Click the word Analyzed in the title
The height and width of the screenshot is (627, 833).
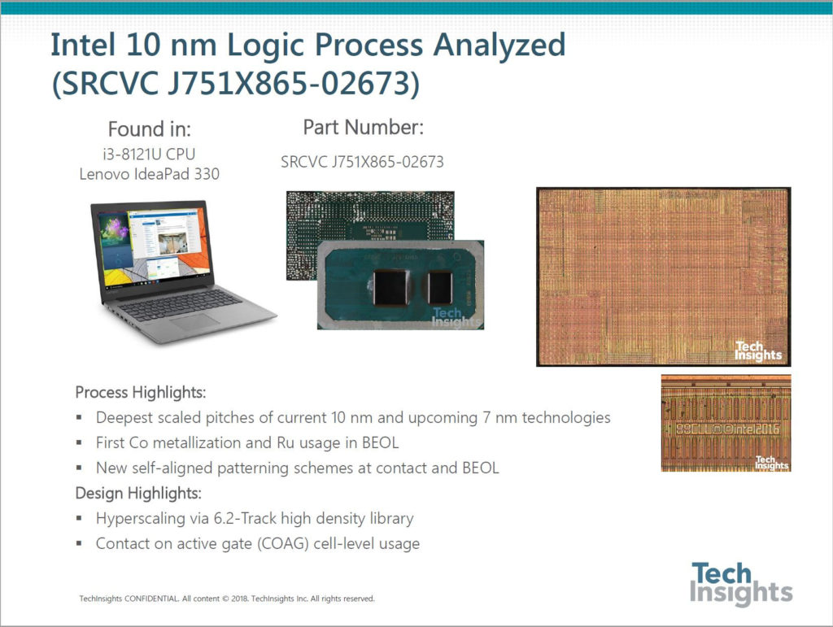click(x=499, y=46)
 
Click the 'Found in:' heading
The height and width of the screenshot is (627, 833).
click(x=150, y=129)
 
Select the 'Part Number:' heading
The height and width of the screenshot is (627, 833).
click(x=364, y=128)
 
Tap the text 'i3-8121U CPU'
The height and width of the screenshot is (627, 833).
click(x=150, y=154)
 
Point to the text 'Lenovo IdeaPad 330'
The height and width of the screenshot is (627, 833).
click(x=150, y=174)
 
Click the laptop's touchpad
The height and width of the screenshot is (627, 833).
click(x=194, y=322)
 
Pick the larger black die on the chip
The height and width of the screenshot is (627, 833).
click(x=391, y=287)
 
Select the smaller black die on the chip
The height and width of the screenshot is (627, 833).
click(x=440, y=287)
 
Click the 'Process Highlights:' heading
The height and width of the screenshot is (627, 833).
click(x=140, y=392)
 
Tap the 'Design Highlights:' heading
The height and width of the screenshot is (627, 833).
click(x=138, y=493)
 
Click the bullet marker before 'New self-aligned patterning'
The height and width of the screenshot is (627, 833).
click(x=79, y=468)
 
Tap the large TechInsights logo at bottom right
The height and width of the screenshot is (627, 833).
click(x=741, y=584)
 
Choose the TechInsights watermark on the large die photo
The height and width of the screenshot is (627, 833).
click(x=758, y=351)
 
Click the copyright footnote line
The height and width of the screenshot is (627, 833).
click(x=227, y=599)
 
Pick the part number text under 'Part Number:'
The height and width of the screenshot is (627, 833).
click(x=362, y=162)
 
